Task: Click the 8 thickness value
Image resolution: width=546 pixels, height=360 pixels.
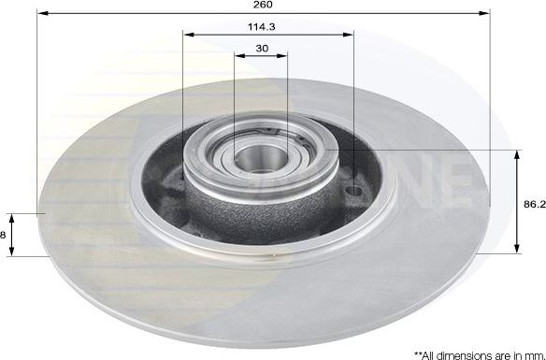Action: tap(4, 235)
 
